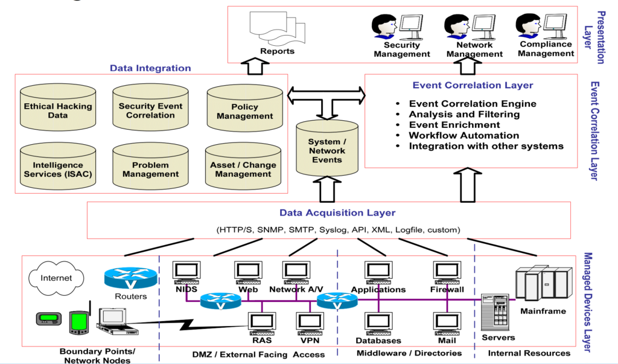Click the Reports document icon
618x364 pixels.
(277, 28)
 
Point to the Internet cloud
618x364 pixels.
(56, 278)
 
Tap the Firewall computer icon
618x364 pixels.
(447, 272)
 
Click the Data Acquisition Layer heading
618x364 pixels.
(337, 212)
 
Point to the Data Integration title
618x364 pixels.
(150, 68)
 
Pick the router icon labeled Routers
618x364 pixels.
(130, 278)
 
